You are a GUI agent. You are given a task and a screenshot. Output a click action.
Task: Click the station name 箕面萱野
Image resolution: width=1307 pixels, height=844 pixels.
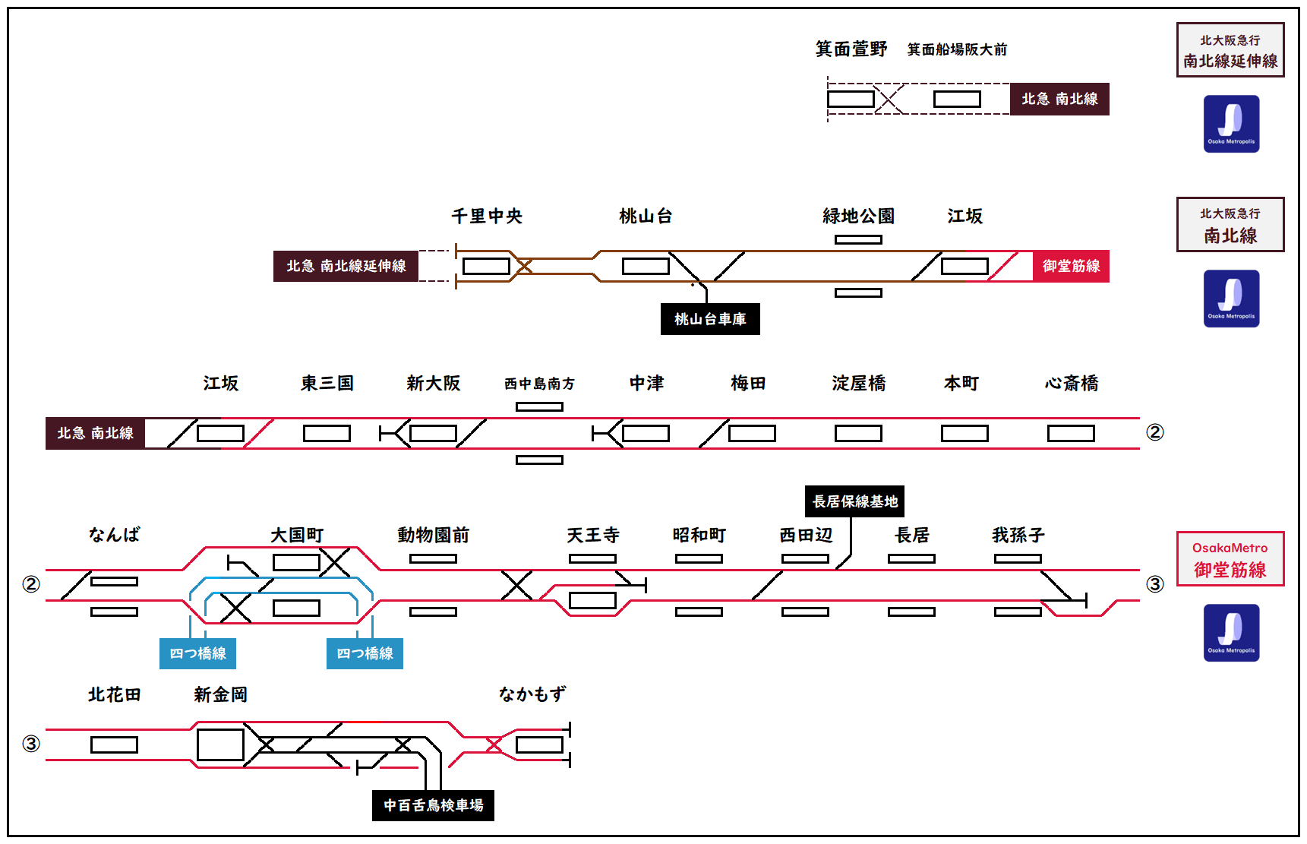(x=851, y=49)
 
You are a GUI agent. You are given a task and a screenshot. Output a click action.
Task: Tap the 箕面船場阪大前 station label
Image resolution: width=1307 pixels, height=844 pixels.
(x=957, y=49)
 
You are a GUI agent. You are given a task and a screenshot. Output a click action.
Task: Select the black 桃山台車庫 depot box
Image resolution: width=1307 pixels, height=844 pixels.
(x=710, y=319)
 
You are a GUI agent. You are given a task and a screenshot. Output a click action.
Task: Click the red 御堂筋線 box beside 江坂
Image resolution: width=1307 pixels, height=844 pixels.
(x=1071, y=266)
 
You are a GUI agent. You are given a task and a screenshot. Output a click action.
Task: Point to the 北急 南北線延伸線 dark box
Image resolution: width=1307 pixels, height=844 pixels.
(x=346, y=266)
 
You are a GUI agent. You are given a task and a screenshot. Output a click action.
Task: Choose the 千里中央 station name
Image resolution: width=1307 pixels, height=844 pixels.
(x=487, y=217)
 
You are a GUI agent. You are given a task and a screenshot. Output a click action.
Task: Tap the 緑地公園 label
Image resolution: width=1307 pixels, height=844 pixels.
(x=858, y=217)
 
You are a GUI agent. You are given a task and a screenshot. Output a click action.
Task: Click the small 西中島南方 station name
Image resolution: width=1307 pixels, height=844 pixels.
(x=539, y=384)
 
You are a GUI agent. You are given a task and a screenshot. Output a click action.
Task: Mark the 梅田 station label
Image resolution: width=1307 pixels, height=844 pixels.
(x=748, y=384)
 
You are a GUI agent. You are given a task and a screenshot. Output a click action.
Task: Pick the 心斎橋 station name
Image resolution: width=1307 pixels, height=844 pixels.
(x=1071, y=384)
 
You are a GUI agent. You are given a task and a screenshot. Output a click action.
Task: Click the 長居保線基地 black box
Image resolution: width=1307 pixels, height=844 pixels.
(x=854, y=501)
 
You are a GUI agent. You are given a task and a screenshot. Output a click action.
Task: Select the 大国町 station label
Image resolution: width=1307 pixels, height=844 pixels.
(x=297, y=536)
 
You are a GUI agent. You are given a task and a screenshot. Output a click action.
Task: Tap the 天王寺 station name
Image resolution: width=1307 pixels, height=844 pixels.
(x=592, y=536)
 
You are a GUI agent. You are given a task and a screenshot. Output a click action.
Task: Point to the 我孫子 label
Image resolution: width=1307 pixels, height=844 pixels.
(x=1018, y=536)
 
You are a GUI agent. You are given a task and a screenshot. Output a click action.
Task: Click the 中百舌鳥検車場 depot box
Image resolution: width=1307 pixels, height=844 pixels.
(x=433, y=805)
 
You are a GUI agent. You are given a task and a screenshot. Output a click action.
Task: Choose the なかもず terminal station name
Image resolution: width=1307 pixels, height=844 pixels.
(x=532, y=694)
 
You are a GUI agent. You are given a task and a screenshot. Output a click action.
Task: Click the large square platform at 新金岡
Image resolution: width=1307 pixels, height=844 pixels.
(x=220, y=744)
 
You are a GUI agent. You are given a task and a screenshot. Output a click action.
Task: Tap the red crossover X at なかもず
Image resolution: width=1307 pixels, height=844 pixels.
(x=494, y=744)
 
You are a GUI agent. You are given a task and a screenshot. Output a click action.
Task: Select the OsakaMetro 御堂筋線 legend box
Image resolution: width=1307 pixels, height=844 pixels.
(x=1230, y=559)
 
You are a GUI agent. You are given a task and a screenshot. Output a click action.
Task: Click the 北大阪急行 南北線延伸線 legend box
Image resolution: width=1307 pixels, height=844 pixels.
(x=1230, y=50)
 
